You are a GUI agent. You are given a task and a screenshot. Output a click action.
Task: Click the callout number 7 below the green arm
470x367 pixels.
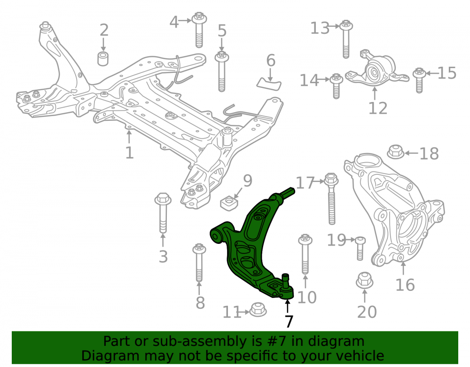(289, 321)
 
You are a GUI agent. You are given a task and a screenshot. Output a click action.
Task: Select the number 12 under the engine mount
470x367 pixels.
(378, 109)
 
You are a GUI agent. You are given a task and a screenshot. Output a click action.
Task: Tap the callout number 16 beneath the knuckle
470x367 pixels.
(405, 285)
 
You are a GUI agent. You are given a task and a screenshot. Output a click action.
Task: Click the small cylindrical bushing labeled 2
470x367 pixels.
(103, 58)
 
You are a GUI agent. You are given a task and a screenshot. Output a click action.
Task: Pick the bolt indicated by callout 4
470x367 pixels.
(199, 30)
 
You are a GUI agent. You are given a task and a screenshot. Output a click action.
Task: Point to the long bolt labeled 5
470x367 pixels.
(221, 71)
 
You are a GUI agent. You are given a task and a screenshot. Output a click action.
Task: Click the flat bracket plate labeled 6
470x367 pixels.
(269, 84)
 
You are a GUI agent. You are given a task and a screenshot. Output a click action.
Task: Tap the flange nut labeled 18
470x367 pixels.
(396, 152)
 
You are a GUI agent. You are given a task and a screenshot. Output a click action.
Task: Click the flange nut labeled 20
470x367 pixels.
(364, 280)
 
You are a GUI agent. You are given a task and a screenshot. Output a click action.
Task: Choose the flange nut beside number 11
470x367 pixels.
(258, 309)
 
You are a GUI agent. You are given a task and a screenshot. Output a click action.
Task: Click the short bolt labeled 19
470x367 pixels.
(360, 249)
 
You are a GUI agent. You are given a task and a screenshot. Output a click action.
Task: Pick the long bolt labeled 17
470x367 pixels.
(331, 198)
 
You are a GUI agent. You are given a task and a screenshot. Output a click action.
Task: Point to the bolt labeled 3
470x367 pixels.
(163, 213)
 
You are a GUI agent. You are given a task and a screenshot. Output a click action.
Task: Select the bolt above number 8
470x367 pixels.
(199, 263)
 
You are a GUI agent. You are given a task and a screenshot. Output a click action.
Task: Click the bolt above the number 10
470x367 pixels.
(305, 254)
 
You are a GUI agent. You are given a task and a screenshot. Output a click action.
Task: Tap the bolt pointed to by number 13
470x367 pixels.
(346, 39)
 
